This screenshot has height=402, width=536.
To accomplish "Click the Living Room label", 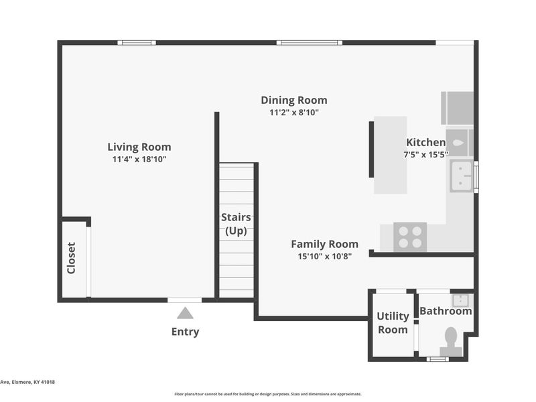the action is [x=139, y=147].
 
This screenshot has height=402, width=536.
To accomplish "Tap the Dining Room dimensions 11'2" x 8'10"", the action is [x=294, y=113].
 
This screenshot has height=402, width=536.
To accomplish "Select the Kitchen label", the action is [x=425, y=142].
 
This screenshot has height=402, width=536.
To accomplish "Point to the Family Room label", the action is [x=325, y=244].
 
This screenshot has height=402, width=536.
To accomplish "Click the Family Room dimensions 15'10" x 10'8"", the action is [x=325, y=257].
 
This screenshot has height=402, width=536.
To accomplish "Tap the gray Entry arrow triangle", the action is [x=185, y=313].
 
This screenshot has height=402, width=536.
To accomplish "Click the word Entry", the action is [x=186, y=332].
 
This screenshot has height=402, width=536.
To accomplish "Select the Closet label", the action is [x=71, y=258].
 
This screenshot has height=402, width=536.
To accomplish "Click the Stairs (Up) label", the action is [x=236, y=224].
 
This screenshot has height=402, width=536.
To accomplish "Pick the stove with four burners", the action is [x=410, y=237].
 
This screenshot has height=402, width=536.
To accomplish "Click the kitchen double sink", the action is [x=462, y=176].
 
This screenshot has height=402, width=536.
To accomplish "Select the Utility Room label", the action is [x=393, y=323].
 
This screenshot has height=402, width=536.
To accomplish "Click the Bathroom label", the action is [x=446, y=311].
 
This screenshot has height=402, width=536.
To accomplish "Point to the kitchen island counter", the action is [x=391, y=155].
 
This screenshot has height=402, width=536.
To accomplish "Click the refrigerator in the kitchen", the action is [x=458, y=108].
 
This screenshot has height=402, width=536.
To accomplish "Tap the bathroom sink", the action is [x=460, y=301].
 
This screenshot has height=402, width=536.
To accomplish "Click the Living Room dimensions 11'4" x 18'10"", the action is [x=139, y=159].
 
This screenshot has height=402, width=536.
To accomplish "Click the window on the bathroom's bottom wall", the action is [x=438, y=359].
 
